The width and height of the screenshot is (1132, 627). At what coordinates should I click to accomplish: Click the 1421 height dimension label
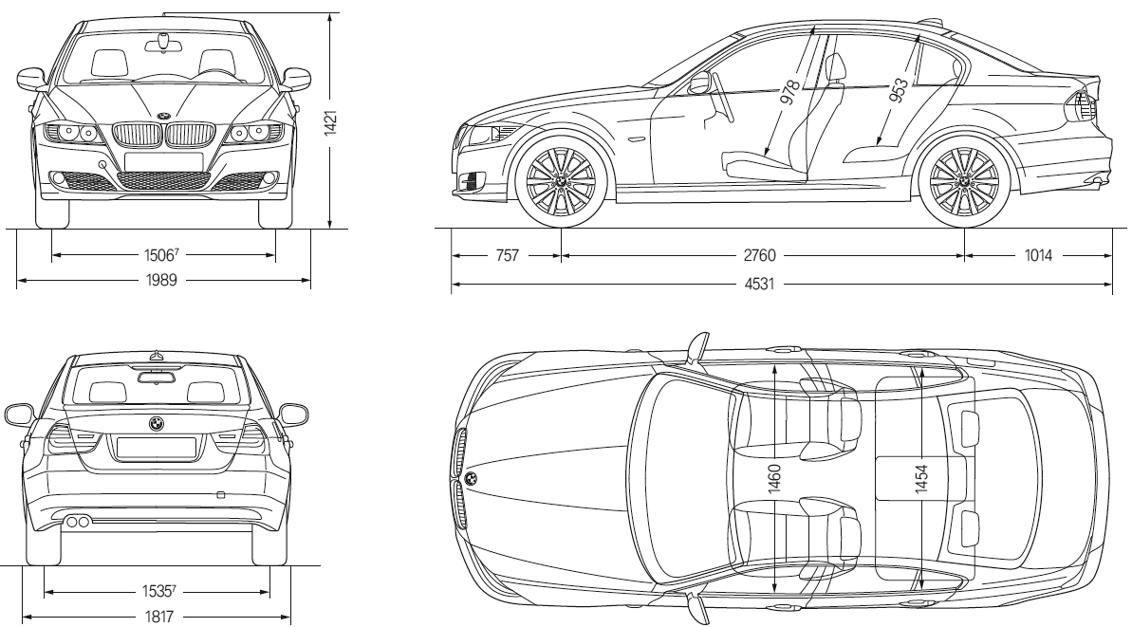pos(330,121)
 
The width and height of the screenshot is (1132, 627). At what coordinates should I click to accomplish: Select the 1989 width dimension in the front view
pos(164,280)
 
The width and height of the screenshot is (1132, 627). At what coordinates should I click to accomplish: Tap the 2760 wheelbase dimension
pos(756,255)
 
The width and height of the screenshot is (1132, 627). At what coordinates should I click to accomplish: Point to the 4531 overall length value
pos(756,283)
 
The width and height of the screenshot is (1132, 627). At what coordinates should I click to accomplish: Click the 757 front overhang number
pos(508,255)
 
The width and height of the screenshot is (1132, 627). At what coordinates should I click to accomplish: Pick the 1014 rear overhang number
pos(1039,255)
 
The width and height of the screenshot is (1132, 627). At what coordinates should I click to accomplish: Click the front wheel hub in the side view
pos(561,178)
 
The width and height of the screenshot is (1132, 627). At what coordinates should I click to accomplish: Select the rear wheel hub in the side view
pos(964,178)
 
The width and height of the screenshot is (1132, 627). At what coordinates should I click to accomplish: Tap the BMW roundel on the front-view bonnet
pos(164,116)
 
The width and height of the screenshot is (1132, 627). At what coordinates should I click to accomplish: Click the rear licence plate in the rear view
pos(156,447)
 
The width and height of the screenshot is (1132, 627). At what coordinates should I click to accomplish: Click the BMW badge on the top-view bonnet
pos(471,477)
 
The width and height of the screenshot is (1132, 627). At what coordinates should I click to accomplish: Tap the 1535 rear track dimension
pos(157,591)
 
